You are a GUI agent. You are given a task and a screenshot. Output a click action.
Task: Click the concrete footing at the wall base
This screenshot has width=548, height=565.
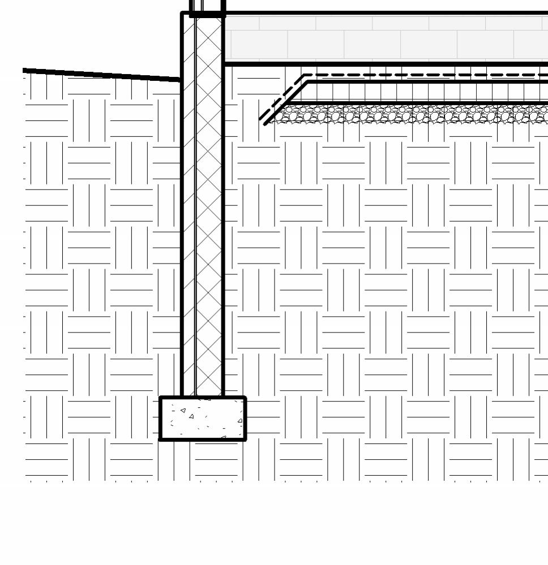[x=203, y=419]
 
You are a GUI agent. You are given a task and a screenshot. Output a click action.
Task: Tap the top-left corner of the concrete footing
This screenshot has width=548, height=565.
[x=161, y=398]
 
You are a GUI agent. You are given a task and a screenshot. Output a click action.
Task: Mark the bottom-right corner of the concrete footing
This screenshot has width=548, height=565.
[x=245, y=439]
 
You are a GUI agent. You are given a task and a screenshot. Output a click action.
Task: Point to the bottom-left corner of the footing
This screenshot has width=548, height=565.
[x=161, y=439]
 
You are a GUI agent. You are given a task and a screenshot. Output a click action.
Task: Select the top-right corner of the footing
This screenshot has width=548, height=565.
[x=245, y=398]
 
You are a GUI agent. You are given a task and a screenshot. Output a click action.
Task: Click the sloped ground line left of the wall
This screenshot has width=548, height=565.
[x=102, y=75]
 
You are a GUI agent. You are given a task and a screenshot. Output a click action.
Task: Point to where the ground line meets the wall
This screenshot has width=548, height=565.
[x=181, y=80]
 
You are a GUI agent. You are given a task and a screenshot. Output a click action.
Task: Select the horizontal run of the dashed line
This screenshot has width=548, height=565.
[x=425, y=75]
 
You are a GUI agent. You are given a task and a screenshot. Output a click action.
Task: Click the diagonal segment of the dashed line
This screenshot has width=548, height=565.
[x=281, y=97]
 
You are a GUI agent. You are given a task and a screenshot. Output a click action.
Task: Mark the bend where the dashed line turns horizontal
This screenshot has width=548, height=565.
[x=304, y=75]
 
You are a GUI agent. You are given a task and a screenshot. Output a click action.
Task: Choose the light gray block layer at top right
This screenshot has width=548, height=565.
[x=385, y=38]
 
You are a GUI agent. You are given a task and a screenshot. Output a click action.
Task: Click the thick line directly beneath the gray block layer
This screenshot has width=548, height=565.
[x=385, y=64]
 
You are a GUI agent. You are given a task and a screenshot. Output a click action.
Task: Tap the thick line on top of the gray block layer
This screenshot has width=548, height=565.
[x=385, y=12]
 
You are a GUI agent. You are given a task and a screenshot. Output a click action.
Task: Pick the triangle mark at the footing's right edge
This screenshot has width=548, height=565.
[x=240, y=421]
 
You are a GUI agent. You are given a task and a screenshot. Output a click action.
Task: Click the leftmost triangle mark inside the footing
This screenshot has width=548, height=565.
[x=183, y=410]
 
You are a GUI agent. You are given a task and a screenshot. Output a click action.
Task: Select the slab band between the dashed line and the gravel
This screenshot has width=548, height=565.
[x=425, y=93]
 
